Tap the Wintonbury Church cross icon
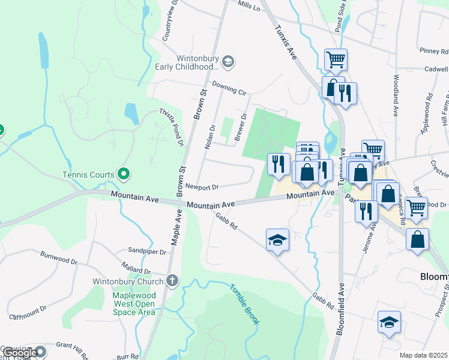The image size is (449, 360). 172,281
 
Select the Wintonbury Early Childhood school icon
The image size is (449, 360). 228,61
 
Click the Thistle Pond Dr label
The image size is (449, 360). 170,127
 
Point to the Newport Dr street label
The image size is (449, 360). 201,187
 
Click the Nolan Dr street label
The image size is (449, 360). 210,137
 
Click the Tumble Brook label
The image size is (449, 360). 244,303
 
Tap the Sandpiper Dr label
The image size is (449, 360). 146,251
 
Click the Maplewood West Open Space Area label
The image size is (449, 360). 134,304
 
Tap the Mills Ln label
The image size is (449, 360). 249,6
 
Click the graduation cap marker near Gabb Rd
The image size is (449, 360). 277,240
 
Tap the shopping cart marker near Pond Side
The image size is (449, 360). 336,59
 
